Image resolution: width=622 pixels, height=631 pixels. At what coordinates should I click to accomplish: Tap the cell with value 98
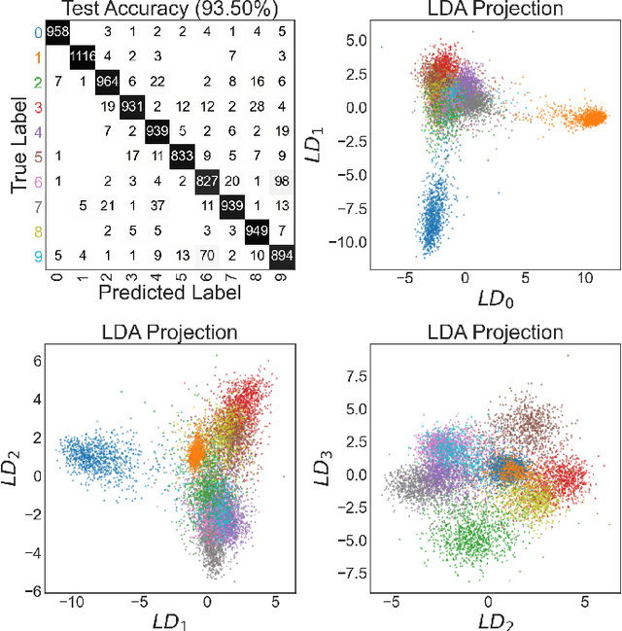click(281, 181)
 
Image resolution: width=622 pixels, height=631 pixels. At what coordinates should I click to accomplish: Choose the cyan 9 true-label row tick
click(37, 255)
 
